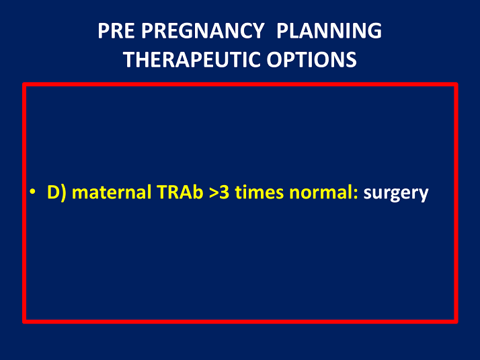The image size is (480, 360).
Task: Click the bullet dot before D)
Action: coord(32,194)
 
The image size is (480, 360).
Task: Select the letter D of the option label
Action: coord(52,193)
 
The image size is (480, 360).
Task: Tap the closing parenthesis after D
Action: coord(63,194)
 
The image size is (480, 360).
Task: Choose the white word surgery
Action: coord(395,194)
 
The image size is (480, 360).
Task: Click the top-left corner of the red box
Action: coord(24,85)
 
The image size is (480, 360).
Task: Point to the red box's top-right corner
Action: coord(456,85)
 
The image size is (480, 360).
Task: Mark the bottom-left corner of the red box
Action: coord(24,321)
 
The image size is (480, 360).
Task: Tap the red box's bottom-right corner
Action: coord(456,321)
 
